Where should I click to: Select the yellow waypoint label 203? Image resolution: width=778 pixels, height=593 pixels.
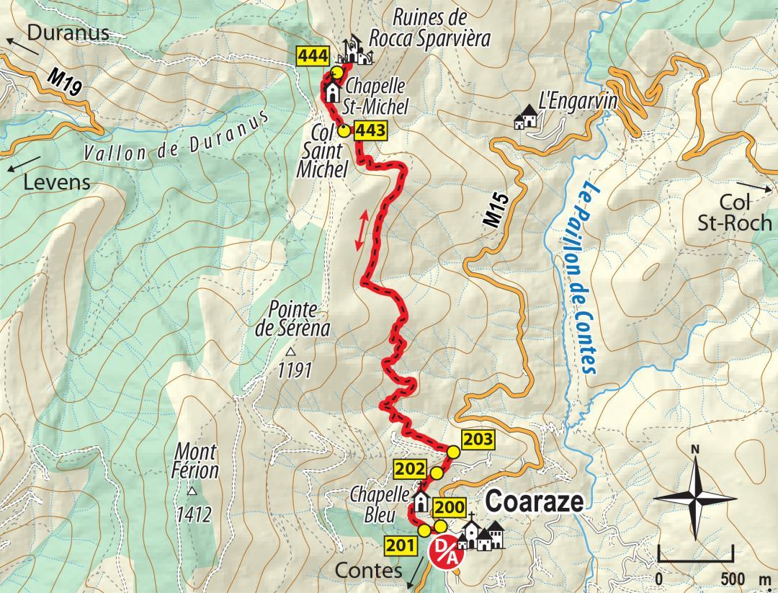pos(476,438)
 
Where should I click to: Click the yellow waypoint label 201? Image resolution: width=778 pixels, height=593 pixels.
pos(400,545)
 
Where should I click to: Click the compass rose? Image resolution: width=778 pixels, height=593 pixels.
pos(695,496)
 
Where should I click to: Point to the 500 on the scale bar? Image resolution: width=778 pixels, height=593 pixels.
pos(732,579)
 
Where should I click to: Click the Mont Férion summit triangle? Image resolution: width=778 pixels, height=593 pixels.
pos(192,492)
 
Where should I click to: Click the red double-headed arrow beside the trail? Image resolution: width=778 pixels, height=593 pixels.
pos(365,230)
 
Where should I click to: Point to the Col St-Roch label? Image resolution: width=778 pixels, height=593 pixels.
pos(734,213)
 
